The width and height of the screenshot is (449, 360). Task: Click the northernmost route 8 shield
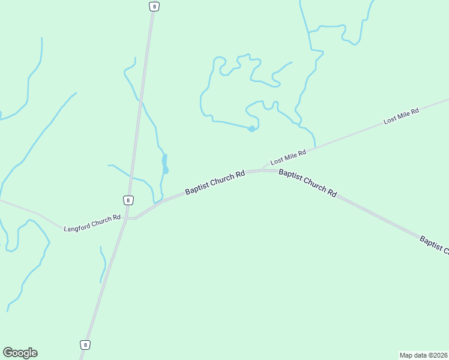pos(154,6)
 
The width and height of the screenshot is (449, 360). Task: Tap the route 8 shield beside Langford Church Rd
pos(128,200)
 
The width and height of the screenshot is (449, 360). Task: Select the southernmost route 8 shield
pos(85,344)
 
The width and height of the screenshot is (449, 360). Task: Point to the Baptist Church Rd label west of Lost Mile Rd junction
pos(215,182)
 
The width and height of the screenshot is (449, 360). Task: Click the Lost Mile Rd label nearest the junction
pos(288,157)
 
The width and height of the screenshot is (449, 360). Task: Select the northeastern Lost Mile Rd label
pos(401,113)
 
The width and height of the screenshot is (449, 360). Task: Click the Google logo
pos(20,353)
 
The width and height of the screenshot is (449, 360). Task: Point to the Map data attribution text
pos(424,355)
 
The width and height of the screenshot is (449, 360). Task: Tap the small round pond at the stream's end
pos(252,128)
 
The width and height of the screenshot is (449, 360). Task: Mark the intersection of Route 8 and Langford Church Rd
pos(126,218)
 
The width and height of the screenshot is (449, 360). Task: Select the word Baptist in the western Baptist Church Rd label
pos(197,189)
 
